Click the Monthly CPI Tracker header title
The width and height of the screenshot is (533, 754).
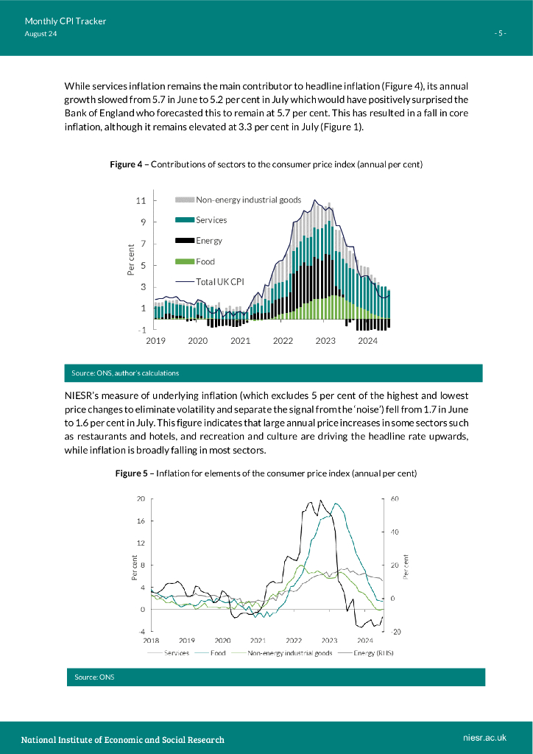(65, 21)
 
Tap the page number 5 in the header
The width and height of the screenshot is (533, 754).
(500, 34)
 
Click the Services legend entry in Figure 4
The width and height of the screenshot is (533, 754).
(211, 220)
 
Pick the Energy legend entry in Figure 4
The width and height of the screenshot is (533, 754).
(208, 241)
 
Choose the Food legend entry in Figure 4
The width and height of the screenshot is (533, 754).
(205, 261)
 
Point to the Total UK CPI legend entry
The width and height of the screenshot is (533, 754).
(219, 281)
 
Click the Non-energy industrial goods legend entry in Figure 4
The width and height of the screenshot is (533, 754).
(248, 200)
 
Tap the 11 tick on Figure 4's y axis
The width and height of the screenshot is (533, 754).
(141, 200)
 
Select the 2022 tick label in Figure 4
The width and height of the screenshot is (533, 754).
(283, 342)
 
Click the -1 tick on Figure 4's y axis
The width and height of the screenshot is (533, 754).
(141, 331)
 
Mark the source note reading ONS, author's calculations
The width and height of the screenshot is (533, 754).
(125, 373)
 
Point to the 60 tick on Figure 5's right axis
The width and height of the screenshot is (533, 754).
(395, 499)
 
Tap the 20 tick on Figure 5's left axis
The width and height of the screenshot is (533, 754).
(140, 499)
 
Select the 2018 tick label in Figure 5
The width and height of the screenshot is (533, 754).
(151, 641)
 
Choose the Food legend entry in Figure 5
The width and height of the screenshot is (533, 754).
(218, 653)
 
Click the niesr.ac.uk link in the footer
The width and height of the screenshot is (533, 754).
(485, 738)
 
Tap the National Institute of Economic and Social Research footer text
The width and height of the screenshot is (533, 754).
(122, 739)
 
